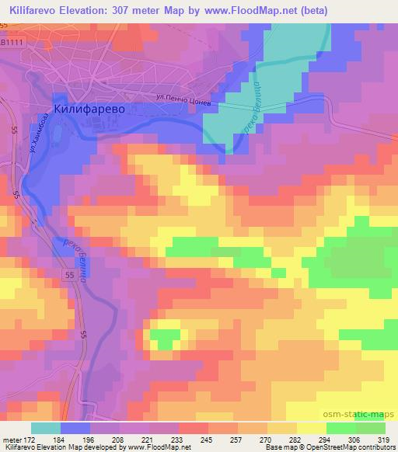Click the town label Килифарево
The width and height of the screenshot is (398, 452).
coord(89,110)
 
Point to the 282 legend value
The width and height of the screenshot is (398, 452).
coord(296,440)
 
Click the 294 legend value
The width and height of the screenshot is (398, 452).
coord(325,440)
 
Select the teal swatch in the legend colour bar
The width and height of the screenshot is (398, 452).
coord(46,428)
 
